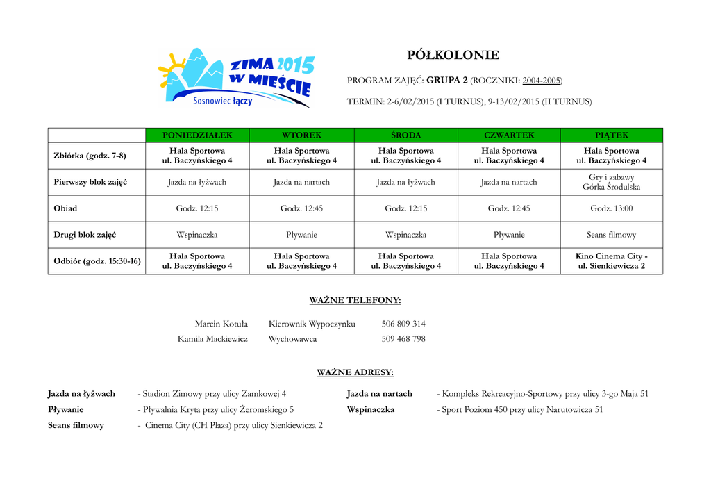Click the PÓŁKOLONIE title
coord(452,56)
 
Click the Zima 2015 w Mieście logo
coord(236,78)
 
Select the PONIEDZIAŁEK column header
coord(197,135)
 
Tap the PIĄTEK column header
coord(611,135)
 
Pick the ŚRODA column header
coord(405,135)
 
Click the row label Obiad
coord(66,208)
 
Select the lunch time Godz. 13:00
coord(611,208)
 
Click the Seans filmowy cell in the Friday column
coord(611,235)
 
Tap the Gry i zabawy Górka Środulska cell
coord(611,182)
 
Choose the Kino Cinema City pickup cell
coord(611,261)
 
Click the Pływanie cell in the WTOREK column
coord(301,235)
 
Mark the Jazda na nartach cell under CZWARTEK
coord(509,182)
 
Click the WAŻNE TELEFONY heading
coord(355,301)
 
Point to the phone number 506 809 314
coord(403,324)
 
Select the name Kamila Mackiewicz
coord(212,339)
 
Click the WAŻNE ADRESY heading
coord(355,372)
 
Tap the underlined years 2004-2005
coord(542,81)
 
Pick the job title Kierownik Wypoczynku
coord(312,324)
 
